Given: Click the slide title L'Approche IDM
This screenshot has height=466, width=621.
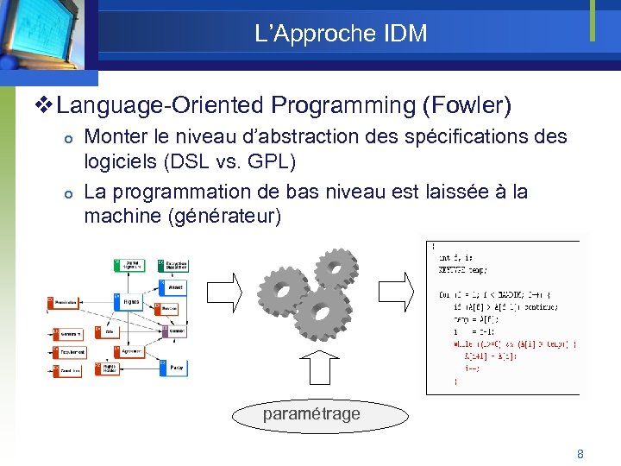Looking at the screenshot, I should [x=341, y=34].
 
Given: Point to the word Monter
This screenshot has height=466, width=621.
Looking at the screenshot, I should [x=117, y=136].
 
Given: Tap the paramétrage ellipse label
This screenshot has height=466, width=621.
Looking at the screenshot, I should [x=311, y=414].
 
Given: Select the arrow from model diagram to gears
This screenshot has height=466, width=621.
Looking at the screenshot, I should [x=226, y=293].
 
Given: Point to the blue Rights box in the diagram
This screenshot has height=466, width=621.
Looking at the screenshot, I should [x=129, y=302].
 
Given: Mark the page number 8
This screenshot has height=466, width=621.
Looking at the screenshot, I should [x=580, y=453].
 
